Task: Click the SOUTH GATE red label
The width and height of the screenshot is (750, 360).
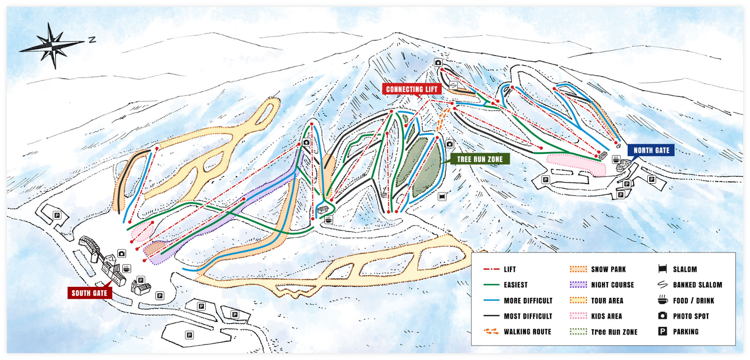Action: point(89,293)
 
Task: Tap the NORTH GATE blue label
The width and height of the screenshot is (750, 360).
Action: point(651,150)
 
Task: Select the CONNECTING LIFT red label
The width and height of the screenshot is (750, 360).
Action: point(411,89)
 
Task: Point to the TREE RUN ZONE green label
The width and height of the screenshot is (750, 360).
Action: point(479,159)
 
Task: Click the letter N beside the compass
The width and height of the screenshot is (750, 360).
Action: point(92,40)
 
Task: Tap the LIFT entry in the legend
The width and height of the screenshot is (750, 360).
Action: point(509,269)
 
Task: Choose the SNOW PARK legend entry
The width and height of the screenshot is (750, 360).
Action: point(608,269)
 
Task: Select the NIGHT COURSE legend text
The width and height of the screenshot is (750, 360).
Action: point(612,285)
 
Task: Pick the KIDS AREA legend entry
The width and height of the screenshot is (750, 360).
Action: point(606,316)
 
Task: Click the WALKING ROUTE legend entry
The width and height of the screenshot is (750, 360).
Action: point(527,331)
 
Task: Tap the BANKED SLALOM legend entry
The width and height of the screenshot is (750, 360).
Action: point(697,285)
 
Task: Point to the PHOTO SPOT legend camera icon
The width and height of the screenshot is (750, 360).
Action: point(663,316)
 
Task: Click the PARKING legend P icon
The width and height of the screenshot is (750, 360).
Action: point(663,331)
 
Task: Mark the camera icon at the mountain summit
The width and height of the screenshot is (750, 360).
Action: point(438,63)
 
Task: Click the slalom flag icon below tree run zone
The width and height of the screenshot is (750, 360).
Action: point(442,197)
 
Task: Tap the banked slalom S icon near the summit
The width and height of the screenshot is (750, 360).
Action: point(453,85)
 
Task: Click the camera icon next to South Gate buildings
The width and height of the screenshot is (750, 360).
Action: point(121,253)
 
